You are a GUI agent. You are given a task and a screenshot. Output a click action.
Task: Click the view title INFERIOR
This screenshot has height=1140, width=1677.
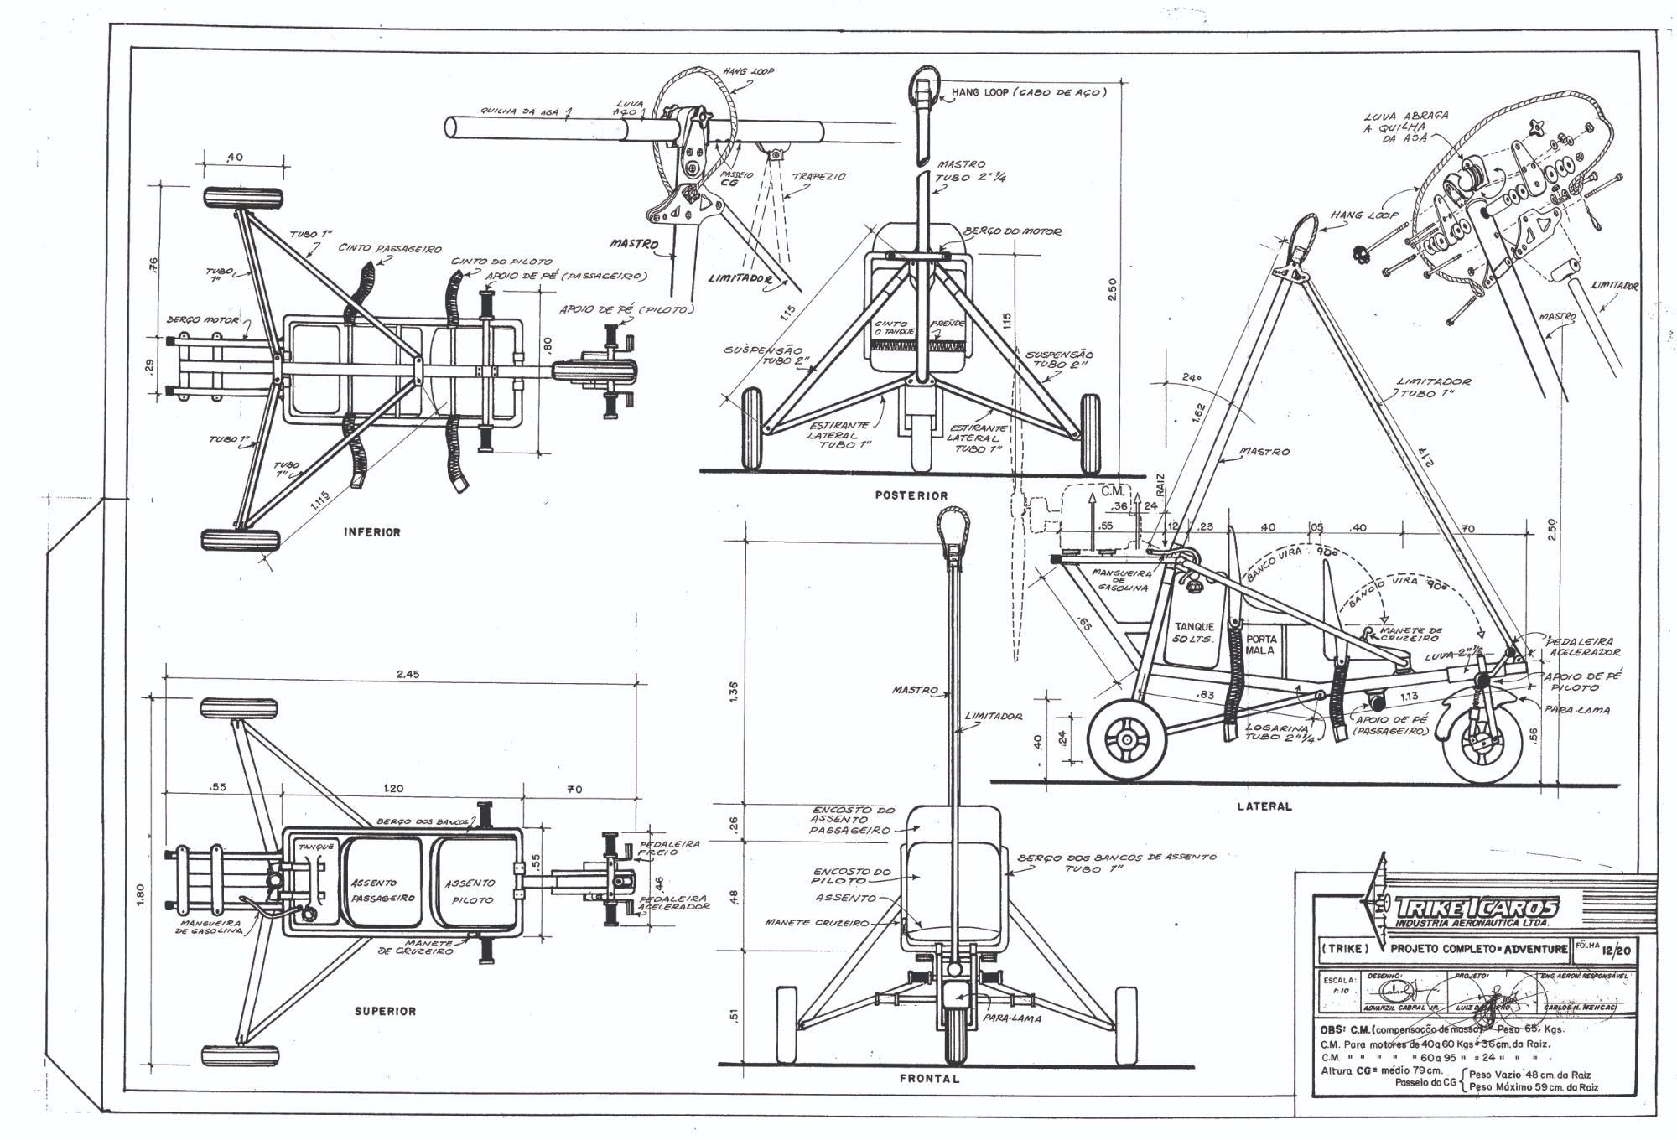[372, 532]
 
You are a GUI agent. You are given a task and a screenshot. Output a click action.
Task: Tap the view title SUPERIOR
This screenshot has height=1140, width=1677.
[385, 1011]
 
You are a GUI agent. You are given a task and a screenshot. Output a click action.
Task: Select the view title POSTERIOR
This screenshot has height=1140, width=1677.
[911, 495]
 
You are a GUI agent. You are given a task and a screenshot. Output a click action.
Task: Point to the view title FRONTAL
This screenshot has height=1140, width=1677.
[929, 1079]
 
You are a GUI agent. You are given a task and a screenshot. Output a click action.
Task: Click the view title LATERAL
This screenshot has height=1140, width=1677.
[1264, 806]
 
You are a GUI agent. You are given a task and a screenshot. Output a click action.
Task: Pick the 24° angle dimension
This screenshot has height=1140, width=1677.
[1192, 378]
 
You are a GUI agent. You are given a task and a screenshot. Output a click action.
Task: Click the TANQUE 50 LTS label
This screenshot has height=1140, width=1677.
[1194, 633]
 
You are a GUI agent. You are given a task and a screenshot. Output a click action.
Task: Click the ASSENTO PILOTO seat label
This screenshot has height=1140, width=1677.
[470, 891]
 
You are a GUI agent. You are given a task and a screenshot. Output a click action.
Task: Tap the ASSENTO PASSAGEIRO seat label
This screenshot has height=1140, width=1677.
[382, 890]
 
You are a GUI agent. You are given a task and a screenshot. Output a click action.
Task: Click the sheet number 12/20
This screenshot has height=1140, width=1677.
[1609, 949]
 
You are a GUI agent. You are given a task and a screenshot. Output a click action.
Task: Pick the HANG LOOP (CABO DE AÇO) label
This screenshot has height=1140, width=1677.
[1028, 92]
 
